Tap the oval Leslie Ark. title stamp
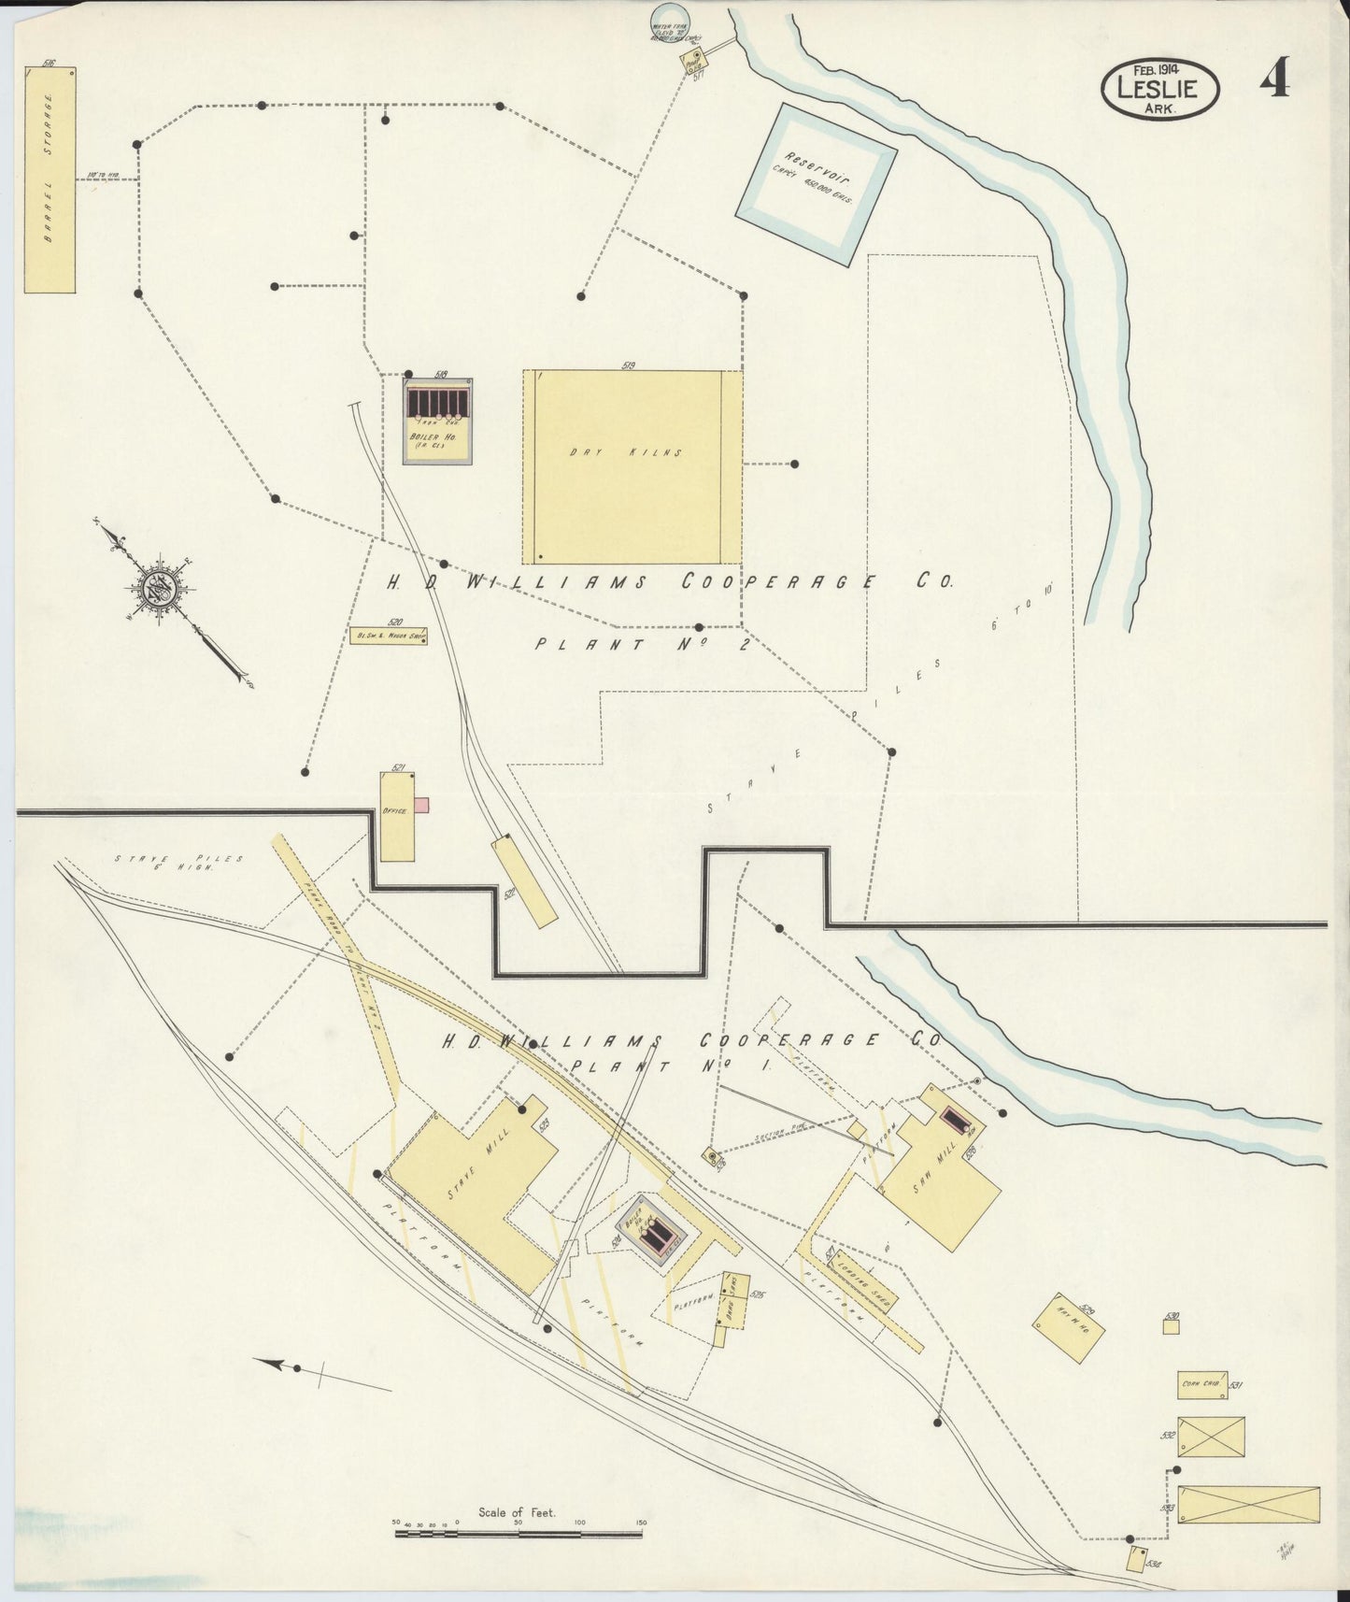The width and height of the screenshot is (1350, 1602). click(1160, 89)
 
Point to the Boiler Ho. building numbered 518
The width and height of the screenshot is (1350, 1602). click(436, 421)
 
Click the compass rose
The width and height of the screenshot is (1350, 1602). click(160, 588)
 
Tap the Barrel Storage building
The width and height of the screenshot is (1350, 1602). click(50, 179)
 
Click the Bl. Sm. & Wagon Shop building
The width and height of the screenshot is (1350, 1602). click(388, 637)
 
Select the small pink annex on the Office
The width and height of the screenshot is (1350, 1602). click(422, 805)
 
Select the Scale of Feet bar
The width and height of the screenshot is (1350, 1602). click(518, 1533)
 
